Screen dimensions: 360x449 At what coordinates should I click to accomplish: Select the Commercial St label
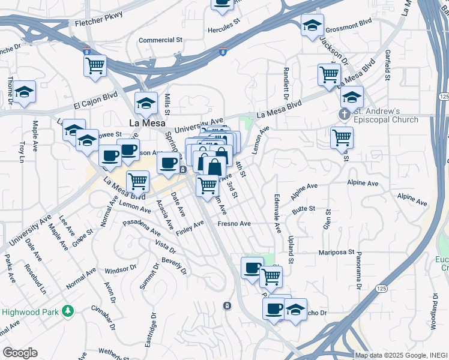(x=160, y=40)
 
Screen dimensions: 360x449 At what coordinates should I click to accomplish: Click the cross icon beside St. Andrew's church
(x=344, y=113)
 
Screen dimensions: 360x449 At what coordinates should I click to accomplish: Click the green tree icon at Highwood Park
(x=69, y=311)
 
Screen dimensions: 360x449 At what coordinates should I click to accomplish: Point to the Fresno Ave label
(x=234, y=224)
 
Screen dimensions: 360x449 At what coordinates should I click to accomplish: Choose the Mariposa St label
(x=337, y=253)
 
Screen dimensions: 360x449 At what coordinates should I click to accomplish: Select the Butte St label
(x=304, y=208)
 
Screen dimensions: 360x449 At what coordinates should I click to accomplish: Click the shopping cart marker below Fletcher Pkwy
(x=95, y=67)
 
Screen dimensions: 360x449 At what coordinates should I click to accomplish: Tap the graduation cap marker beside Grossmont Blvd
(x=312, y=26)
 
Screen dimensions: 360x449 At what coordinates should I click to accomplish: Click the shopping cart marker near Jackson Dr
(x=329, y=75)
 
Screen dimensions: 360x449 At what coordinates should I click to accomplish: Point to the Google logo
(x=20, y=353)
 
